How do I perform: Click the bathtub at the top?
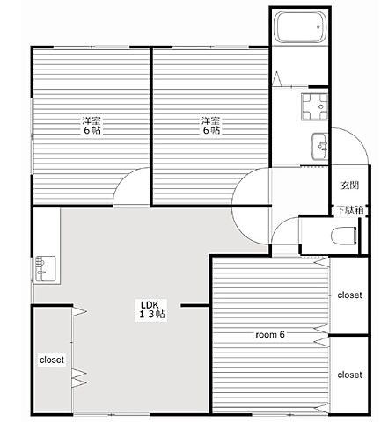(x=300, y=26)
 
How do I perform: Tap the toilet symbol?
(x=344, y=236)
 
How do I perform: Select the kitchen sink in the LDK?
(x=46, y=269)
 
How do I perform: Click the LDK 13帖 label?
(x=151, y=309)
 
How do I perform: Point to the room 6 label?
(x=270, y=334)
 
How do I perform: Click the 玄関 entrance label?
(x=349, y=185)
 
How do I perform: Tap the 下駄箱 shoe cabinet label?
(x=350, y=210)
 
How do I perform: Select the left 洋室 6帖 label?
(x=92, y=125)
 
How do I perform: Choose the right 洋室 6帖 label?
(x=211, y=125)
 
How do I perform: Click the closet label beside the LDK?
(x=52, y=360)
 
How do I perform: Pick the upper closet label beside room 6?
(x=349, y=295)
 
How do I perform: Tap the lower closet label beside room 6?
(x=349, y=375)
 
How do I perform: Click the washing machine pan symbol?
(x=314, y=106)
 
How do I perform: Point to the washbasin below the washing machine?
(x=319, y=146)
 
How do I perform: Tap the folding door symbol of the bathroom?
(x=276, y=78)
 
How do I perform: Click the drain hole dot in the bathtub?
(x=318, y=27)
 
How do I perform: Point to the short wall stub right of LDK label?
(x=194, y=306)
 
